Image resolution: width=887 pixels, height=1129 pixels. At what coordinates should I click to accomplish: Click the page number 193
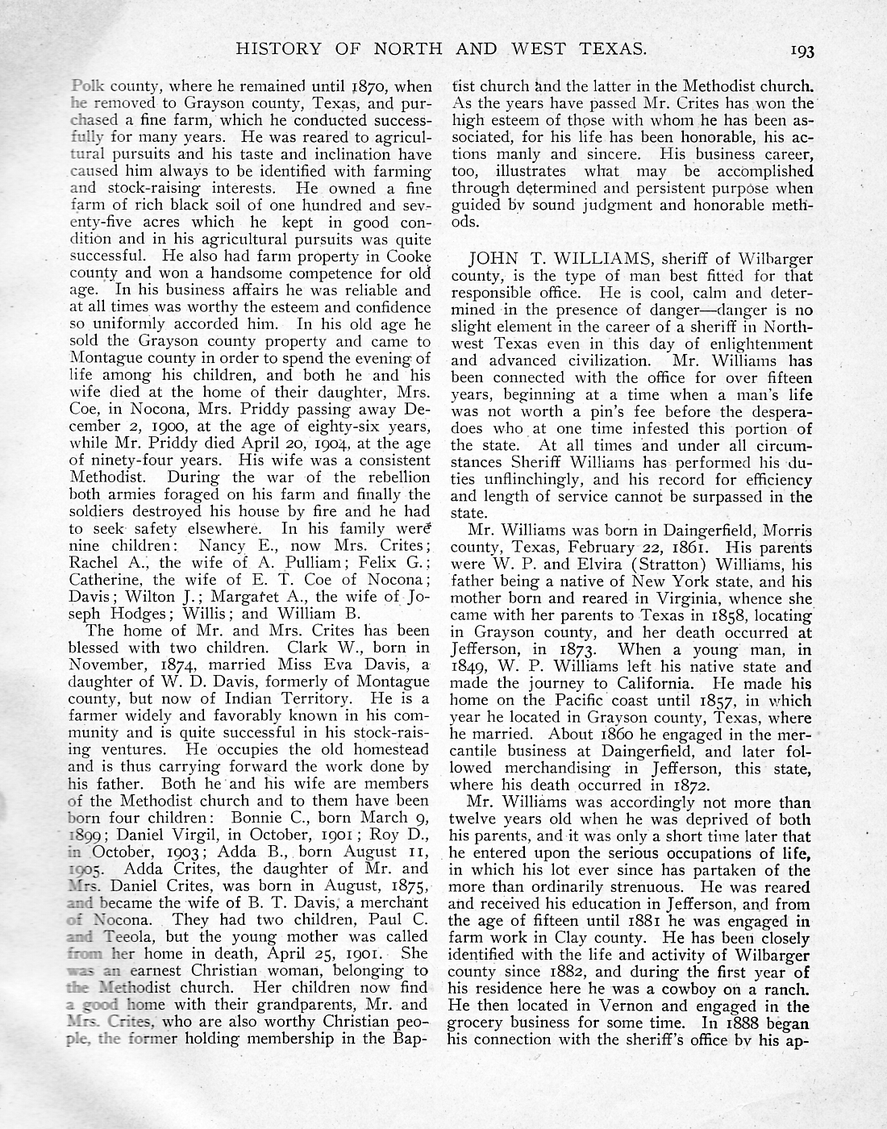pos(802,51)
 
